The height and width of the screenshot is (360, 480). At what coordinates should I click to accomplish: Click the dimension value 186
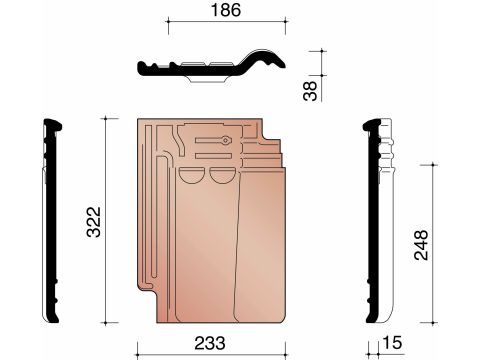coord(226,10)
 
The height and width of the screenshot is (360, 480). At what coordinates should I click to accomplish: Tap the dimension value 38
coord(310,91)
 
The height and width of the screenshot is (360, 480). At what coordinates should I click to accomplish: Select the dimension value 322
coord(94,222)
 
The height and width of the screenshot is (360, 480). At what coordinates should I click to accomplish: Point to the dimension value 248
coord(421,245)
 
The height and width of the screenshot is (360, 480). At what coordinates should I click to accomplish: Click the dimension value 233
coord(210,343)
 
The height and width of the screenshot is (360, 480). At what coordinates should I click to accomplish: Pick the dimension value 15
coord(392,343)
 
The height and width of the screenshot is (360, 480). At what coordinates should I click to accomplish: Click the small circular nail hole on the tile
coord(226,140)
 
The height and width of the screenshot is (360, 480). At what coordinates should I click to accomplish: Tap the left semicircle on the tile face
coord(190,175)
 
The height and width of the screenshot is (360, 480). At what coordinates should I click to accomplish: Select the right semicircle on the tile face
coord(222,175)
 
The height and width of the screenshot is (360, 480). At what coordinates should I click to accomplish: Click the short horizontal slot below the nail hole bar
coord(213,156)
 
